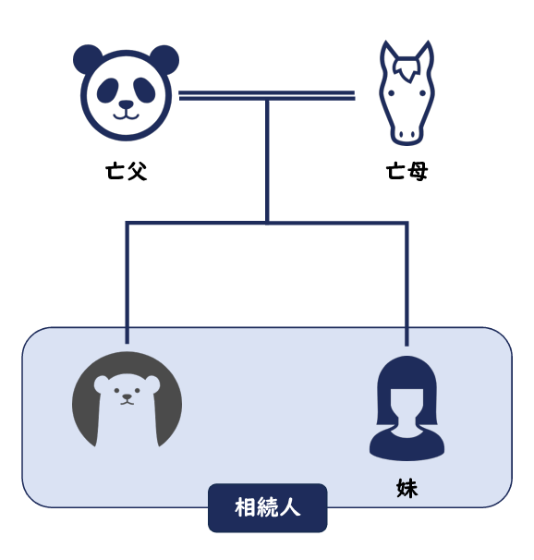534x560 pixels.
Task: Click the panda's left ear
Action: point(87,58)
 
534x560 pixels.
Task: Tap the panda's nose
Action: point(126,104)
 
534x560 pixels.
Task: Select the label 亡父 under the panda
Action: point(126,172)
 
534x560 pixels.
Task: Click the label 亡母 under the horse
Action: point(407,172)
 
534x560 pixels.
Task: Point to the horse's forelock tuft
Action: point(407,68)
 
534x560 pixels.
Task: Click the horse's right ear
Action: point(426,54)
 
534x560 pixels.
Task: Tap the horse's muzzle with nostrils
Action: point(407,134)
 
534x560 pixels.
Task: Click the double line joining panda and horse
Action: point(267,95)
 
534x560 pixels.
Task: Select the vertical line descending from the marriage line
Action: point(267,161)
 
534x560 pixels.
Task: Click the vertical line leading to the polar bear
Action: point(127,284)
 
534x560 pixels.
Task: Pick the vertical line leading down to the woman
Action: point(407,285)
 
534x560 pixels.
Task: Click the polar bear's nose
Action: point(127,396)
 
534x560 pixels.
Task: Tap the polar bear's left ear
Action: point(101,383)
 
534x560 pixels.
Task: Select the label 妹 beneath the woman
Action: point(407,488)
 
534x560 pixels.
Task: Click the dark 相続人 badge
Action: point(267,507)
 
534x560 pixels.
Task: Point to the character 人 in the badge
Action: point(290,507)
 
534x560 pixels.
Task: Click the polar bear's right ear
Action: point(152,383)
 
